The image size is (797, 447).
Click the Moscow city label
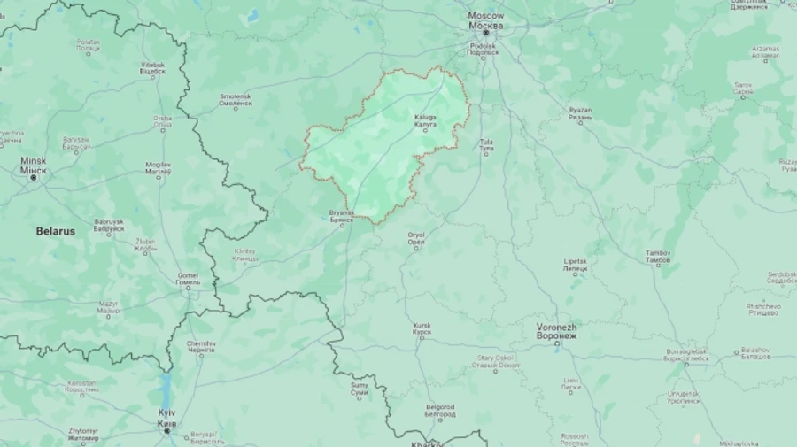click(486, 20)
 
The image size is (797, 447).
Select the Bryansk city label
click(341, 215)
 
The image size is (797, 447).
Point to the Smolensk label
click(236, 100)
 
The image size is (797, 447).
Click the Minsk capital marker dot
click(34, 178)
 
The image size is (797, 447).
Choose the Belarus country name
click(55, 231)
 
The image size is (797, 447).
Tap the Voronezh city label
click(557, 331)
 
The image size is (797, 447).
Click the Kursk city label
click(422, 329)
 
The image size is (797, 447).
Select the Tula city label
click(486, 145)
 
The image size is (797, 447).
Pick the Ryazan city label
click(580, 113)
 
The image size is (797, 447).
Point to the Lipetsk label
click(576, 266)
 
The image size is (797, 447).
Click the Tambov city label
click(658, 257)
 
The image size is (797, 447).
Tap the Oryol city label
click(416, 239)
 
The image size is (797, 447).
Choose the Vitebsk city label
click(152, 67)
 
